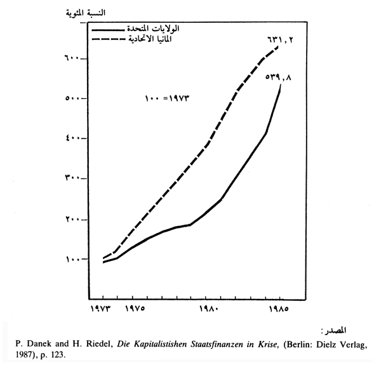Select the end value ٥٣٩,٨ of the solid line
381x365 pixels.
click(280, 77)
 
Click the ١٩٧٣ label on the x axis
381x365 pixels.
click(102, 310)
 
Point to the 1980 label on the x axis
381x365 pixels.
click(208, 311)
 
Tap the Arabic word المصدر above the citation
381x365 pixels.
click(334, 331)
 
